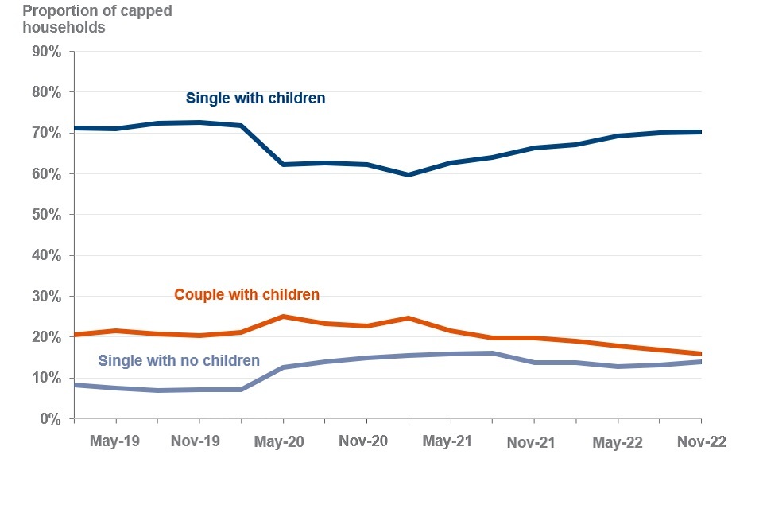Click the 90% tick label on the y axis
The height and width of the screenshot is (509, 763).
click(46, 52)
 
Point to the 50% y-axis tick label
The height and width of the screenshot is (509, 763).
click(46, 215)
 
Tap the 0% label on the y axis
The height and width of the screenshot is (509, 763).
click(50, 418)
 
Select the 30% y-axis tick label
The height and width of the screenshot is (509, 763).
click(46, 297)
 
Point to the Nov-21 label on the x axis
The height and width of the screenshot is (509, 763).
click(531, 441)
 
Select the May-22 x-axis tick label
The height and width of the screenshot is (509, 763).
click(617, 441)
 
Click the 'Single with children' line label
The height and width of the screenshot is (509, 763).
click(255, 99)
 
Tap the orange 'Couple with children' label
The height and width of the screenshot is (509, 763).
click(246, 295)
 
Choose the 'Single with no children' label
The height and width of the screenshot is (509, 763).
click(179, 361)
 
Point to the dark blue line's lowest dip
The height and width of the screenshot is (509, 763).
click(409, 175)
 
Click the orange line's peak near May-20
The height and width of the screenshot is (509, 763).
click(283, 317)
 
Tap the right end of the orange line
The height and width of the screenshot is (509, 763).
click(700, 354)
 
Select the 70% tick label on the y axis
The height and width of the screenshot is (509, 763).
click(46, 134)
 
